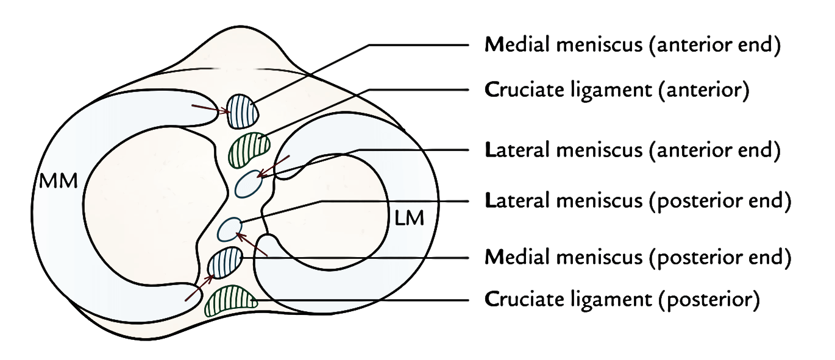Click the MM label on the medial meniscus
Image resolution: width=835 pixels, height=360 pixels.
59,182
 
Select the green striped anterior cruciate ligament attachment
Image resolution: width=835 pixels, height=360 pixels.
249,149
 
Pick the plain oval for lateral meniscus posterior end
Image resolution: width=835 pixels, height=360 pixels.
230,229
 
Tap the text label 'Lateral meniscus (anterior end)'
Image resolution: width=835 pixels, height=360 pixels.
631,151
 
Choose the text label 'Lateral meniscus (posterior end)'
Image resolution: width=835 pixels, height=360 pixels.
637,200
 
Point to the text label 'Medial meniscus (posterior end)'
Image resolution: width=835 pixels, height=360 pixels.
637,258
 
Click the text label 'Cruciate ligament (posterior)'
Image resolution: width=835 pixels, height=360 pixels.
622,300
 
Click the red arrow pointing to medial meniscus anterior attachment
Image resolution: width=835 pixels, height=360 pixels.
210,110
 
